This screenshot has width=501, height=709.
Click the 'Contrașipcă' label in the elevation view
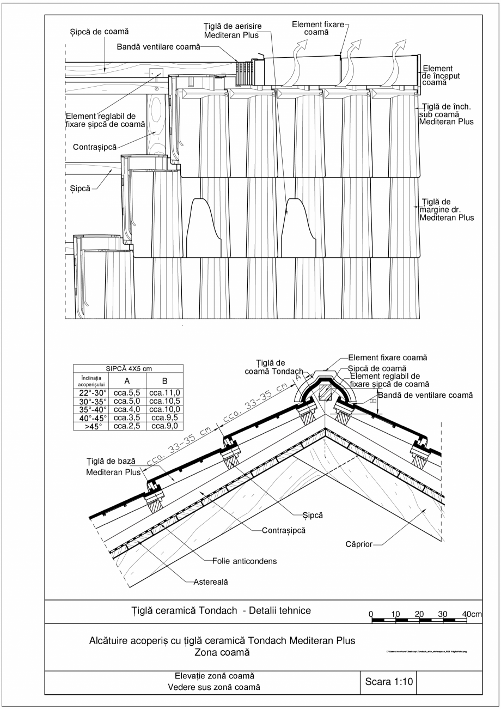point(94,147)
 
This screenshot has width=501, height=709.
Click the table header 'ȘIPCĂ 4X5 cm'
point(129,369)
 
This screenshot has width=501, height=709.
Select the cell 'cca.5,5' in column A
point(127,392)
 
